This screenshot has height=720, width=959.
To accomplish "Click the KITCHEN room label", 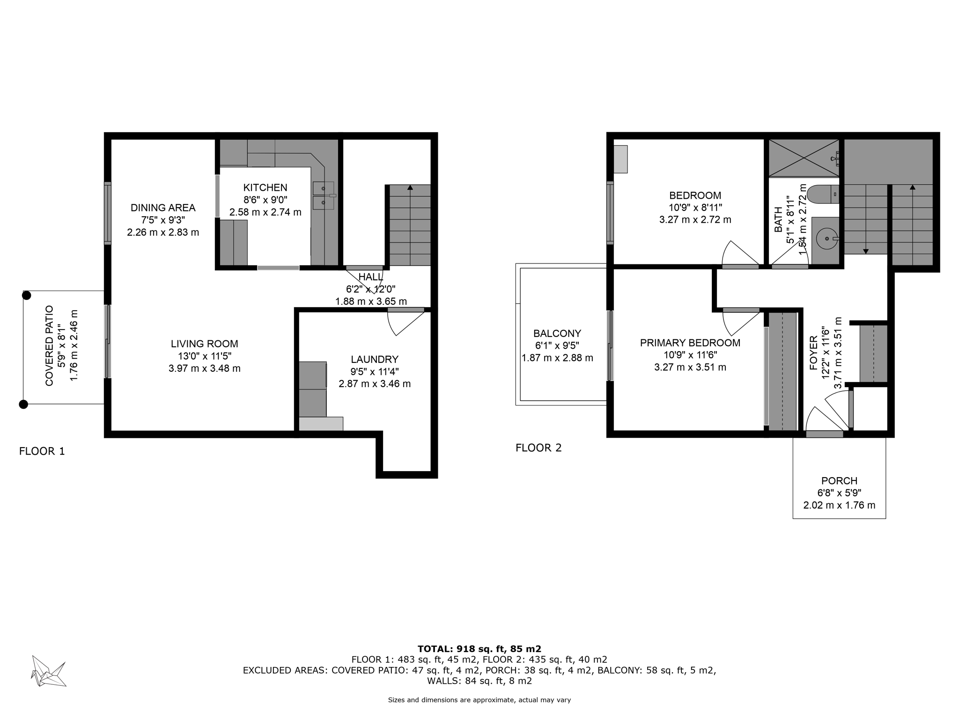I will pos(265,187).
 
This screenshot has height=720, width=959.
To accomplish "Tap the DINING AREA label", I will pos(163,208).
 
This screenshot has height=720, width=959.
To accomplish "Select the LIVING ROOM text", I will pos(204,344).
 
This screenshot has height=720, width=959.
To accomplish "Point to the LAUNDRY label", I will pos(374,360).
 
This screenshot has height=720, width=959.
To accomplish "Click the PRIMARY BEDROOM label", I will pos(690,343).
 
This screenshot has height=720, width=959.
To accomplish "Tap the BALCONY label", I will pos(557,333).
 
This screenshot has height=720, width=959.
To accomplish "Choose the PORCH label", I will pos(839,480).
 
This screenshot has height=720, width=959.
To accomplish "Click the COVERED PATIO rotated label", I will pos(49,345).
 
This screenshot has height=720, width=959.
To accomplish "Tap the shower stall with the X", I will pos(804,157).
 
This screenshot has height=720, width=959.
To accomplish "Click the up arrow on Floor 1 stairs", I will pos(410,188).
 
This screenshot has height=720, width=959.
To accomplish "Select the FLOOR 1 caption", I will pos(42,451).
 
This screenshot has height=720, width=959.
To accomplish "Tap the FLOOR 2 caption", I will pos(539,448).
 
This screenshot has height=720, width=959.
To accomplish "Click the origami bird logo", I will pos(48,671).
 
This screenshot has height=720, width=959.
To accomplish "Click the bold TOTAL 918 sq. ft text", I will pos(479,649).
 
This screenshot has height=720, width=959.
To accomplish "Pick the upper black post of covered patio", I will pos(27,295).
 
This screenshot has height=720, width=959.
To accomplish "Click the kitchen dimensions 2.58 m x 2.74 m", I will pos(265,212).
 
